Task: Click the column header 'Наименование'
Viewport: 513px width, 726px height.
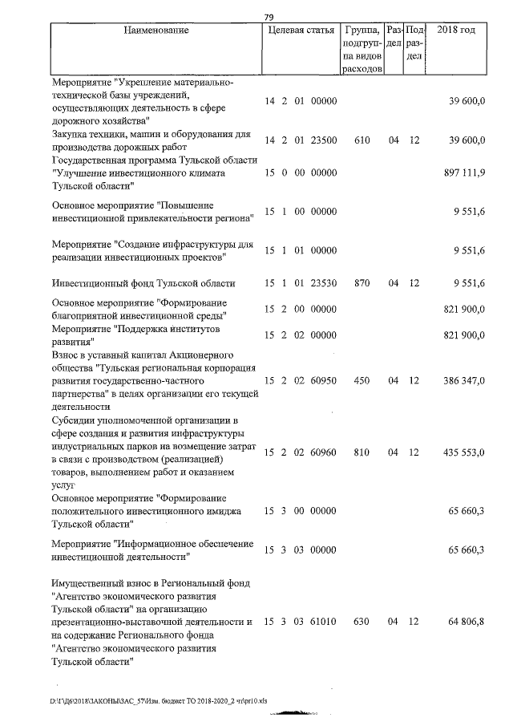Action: click(x=157, y=30)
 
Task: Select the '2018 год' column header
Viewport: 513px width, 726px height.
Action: click(x=458, y=30)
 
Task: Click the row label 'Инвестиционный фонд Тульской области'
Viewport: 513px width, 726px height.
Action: click(x=143, y=283)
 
